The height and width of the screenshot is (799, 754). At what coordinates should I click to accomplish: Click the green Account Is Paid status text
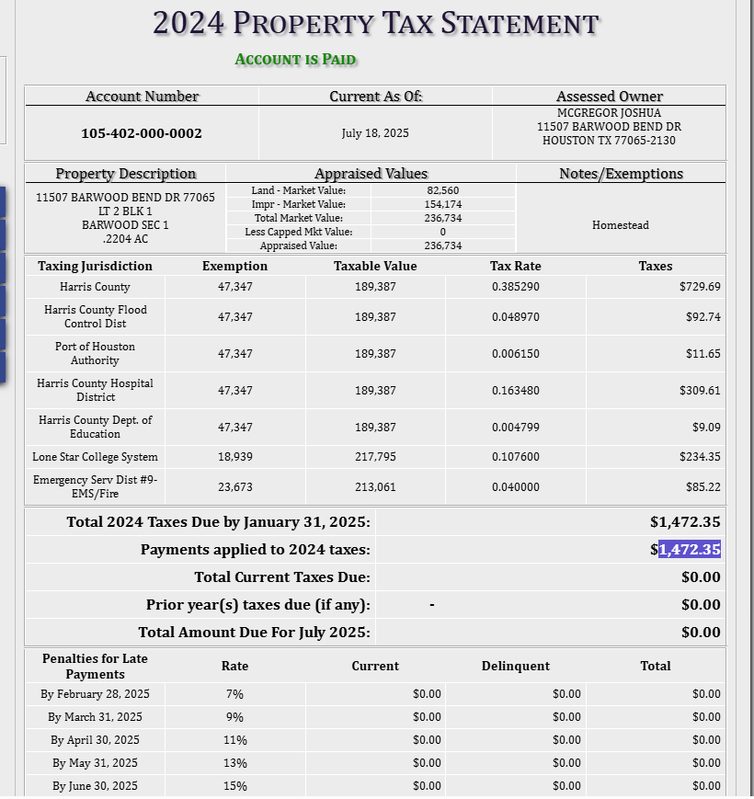coord(295,60)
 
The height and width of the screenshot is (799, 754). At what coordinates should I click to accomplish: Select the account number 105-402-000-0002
coord(142,133)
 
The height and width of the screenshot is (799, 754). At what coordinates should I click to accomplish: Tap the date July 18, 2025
coord(375,133)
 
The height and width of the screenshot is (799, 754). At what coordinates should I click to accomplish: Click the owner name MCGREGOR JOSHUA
coord(609,113)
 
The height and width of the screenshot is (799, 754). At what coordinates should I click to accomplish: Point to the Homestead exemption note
coord(620,225)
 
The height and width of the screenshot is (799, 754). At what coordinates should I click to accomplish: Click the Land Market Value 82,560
coord(442,190)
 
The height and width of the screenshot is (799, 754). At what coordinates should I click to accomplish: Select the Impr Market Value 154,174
coord(442,204)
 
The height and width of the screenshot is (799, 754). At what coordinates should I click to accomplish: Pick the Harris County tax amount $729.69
coord(700,287)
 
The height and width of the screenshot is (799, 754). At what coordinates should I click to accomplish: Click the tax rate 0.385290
coord(515,287)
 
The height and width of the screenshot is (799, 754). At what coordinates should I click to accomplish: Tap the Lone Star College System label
coord(95,457)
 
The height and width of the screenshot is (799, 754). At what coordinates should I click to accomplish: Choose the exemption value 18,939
coord(235,457)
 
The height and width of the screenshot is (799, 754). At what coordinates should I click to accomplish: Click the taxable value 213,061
coord(375,486)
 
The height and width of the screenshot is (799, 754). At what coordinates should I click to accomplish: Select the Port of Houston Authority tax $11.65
coord(703,354)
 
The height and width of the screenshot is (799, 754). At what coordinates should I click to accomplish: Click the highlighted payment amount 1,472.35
coord(689,550)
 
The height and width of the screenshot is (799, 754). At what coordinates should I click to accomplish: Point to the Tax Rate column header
coord(515,266)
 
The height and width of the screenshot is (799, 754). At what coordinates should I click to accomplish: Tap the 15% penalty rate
coord(234,785)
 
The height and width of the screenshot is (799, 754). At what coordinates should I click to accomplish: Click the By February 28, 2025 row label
coord(95,693)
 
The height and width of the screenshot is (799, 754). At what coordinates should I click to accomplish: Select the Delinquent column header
coord(515,666)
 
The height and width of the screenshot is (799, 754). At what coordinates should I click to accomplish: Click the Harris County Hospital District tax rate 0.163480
coord(515,391)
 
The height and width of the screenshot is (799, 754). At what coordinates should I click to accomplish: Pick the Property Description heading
coord(125,174)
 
